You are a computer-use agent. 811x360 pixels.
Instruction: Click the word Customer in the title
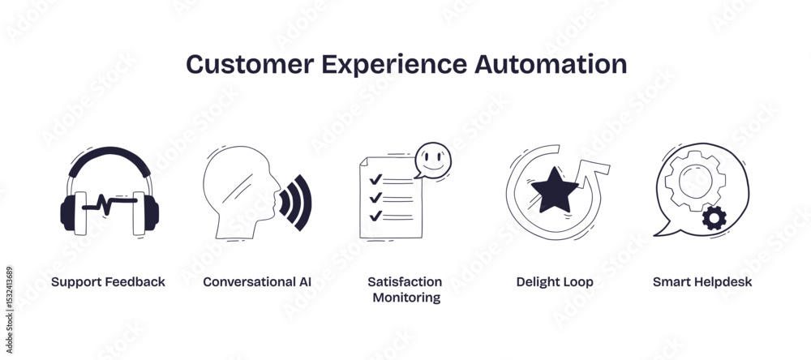tap(250, 64)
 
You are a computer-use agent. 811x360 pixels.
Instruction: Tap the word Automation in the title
tap(551, 64)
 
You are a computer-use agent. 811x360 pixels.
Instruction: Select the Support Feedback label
tap(108, 282)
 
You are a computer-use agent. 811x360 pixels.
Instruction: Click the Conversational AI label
tap(257, 282)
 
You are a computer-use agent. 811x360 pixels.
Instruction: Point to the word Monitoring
tap(406, 298)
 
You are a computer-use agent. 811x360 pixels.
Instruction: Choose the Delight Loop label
tap(555, 282)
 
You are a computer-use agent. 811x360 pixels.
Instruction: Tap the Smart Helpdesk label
tap(702, 282)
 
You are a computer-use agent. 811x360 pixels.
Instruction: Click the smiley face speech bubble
tap(432, 161)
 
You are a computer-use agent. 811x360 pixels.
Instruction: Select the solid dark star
tap(555, 190)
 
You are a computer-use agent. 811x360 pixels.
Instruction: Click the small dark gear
tap(714, 218)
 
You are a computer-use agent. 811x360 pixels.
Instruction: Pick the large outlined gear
tap(695, 181)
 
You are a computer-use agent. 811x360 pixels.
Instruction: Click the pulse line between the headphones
tap(109, 203)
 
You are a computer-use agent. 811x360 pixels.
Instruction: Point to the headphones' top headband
tap(109, 156)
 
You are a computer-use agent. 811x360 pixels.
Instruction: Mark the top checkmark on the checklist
tap(375, 179)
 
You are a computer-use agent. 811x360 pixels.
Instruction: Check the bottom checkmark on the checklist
tap(375, 215)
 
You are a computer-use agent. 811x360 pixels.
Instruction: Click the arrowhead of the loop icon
tap(594, 170)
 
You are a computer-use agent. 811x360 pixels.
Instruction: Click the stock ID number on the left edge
tap(9, 296)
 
